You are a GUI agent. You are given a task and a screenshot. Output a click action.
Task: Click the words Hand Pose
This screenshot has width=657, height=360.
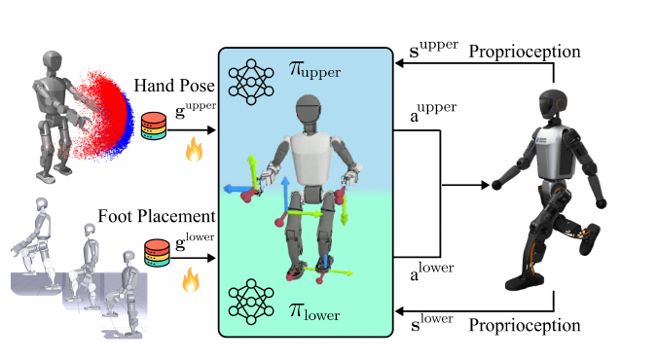(174, 86)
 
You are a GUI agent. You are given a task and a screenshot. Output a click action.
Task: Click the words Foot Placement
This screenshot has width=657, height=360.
(157, 216)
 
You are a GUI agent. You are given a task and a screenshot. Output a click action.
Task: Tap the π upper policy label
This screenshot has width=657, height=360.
(314, 70)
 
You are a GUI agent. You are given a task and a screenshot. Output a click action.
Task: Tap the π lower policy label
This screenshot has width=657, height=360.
(314, 312)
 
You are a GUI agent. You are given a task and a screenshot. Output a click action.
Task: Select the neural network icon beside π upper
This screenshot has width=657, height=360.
(251, 82)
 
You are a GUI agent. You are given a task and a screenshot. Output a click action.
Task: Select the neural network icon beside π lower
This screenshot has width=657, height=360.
(251, 302)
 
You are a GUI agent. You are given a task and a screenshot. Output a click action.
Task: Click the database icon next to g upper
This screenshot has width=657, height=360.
(154, 126)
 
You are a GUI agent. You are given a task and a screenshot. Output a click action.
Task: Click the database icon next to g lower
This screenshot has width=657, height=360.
(157, 253)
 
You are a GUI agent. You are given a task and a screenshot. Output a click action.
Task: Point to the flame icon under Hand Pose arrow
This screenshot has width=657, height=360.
(194, 150)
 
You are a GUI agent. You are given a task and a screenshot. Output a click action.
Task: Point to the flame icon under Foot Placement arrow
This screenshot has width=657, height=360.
(191, 279)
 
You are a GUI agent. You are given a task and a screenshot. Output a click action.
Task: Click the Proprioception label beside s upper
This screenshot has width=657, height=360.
(525, 52)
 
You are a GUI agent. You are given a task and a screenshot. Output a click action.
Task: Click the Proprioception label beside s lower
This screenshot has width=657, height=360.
(525, 326)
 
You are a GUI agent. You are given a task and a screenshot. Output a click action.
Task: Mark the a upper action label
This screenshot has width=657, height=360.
(433, 112)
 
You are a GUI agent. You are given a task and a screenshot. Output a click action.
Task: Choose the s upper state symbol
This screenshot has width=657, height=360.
(433, 49)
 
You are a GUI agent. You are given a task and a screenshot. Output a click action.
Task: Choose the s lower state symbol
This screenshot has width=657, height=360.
(431, 322)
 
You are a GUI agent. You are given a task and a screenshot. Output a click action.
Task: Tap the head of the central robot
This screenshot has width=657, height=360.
(309, 109)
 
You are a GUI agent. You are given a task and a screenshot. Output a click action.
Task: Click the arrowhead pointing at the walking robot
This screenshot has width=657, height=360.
(486, 185)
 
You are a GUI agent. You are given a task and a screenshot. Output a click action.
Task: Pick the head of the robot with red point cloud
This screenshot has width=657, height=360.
(53, 62)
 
